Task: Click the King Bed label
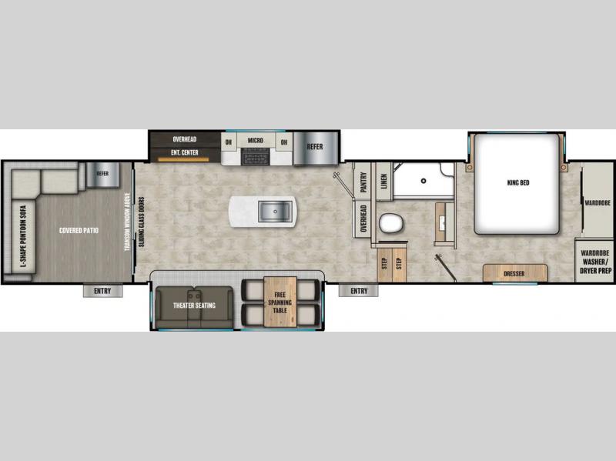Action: [x=518, y=182]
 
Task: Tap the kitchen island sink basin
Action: [x=275, y=211]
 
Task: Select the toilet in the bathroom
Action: [x=391, y=223]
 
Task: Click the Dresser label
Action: [x=514, y=274]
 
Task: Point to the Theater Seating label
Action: [x=195, y=305]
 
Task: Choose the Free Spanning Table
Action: [x=280, y=302]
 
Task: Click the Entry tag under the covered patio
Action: [x=102, y=291]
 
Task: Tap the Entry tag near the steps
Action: [x=359, y=291]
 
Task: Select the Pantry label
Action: [x=363, y=182]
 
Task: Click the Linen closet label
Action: [x=384, y=181]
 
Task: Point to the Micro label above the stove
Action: [x=256, y=140]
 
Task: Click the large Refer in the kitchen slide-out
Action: [x=315, y=148]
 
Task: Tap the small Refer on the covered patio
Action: [x=102, y=175]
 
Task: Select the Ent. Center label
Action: [x=185, y=152]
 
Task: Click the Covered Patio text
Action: [x=79, y=230]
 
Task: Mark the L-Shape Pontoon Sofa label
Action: [x=23, y=236]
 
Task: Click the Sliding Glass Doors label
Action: [x=142, y=222]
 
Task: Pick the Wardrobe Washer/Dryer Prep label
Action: [x=595, y=262]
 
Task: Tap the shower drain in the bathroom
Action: [x=423, y=181]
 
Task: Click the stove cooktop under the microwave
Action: [x=256, y=156]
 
